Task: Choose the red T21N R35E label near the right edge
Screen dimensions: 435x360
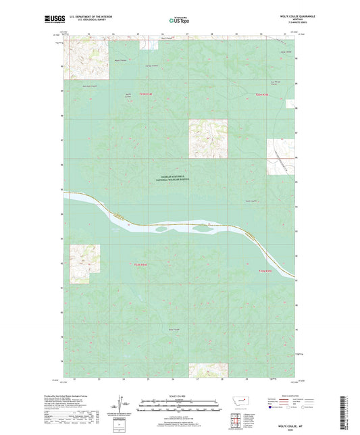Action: click(269, 272)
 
